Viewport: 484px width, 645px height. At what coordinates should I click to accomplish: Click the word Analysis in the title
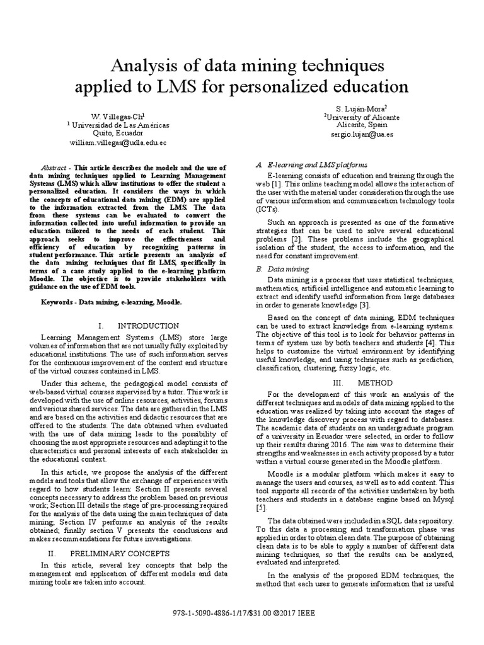[142, 64]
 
